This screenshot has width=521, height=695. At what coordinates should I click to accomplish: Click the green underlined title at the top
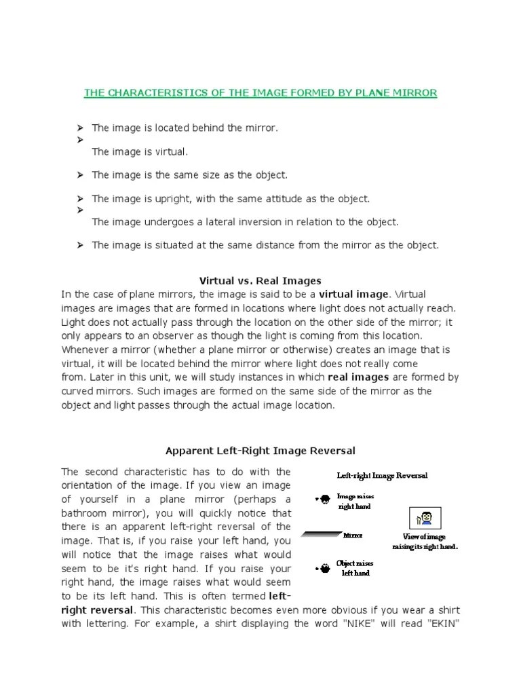pos(260,92)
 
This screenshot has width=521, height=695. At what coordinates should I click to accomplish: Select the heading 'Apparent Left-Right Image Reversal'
pos(260,451)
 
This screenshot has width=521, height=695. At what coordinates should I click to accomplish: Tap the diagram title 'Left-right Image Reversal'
pos(383,476)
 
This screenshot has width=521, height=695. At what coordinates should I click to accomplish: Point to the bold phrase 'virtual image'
pos(354,294)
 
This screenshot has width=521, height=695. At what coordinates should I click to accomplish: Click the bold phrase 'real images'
pos(358,377)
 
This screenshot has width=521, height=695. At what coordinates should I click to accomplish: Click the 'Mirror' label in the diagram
pos(353,536)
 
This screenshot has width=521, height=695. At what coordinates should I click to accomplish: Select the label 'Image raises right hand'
pos(355,502)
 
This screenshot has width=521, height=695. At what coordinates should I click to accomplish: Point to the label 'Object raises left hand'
pos(355,568)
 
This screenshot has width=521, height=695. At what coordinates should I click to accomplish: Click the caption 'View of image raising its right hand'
pos(425,542)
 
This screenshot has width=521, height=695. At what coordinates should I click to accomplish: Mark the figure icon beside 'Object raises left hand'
pos(324,567)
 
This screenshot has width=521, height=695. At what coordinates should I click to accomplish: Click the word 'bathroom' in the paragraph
pos(89,512)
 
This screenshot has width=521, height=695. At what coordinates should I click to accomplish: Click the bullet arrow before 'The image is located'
pos(80,128)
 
